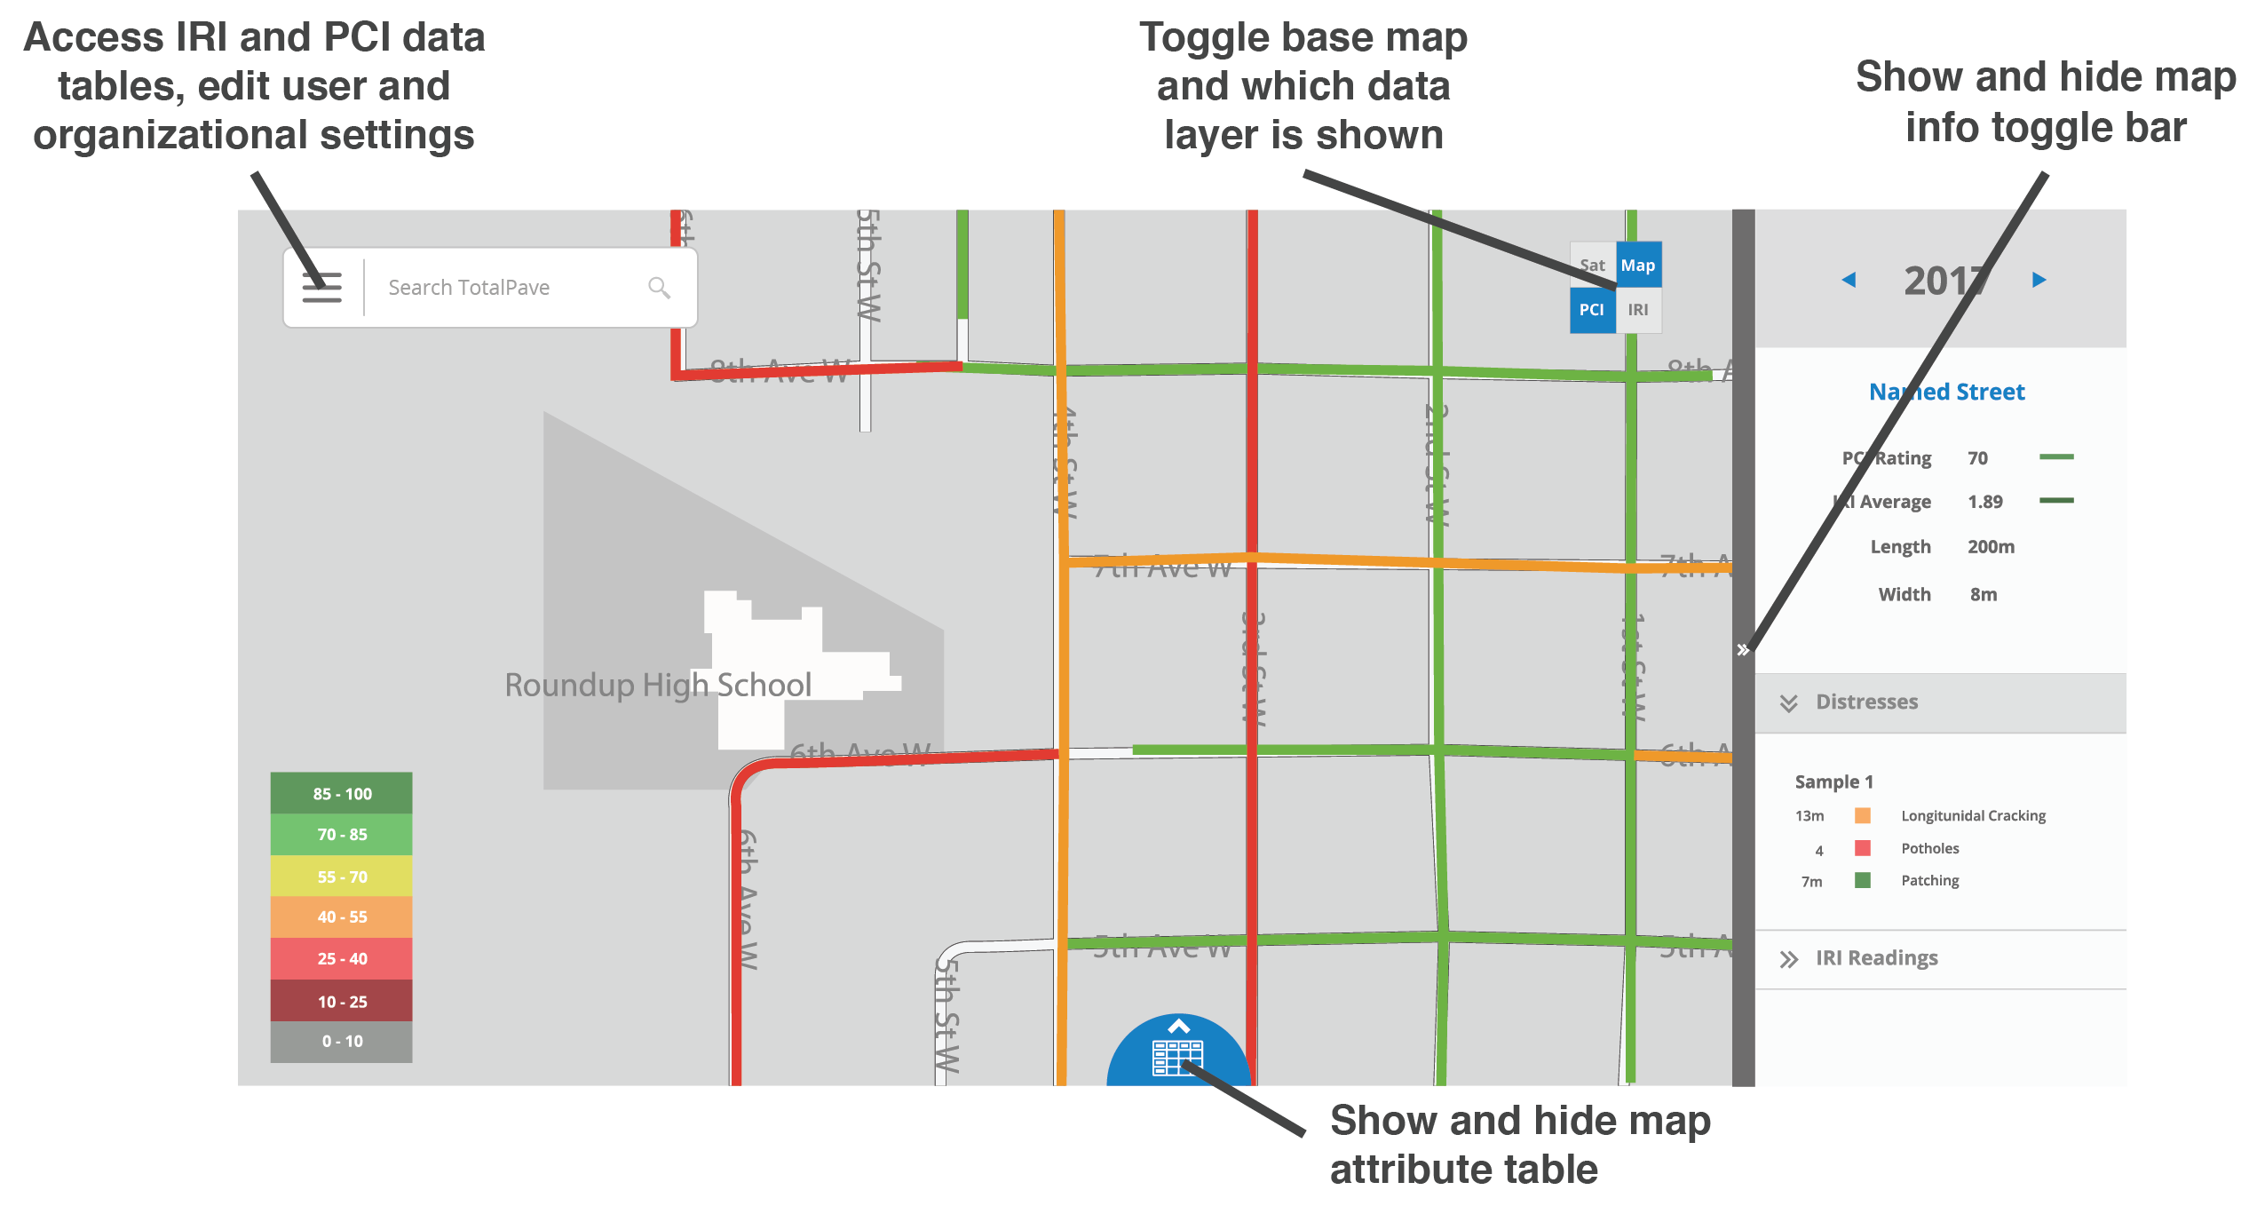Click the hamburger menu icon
coord(321,287)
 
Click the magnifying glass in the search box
coord(659,287)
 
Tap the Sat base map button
coord(1592,266)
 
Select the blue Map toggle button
coord(1638,266)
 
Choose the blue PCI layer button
coord(1592,310)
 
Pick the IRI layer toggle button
coord(1638,310)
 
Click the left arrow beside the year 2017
coord(1849,281)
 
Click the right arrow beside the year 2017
coord(2039,281)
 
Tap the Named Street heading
coord(1947,392)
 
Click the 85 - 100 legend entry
coord(342,794)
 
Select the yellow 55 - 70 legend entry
coord(342,877)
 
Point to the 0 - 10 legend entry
coord(342,1042)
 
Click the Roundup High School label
coord(658,686)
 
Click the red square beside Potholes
coord(1863,848)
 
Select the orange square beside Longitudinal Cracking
coord(1863,815)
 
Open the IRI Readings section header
coord(1876,958)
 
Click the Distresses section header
coord(1866,702)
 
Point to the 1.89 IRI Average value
coord(1985,502)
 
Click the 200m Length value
coord(1991,547)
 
